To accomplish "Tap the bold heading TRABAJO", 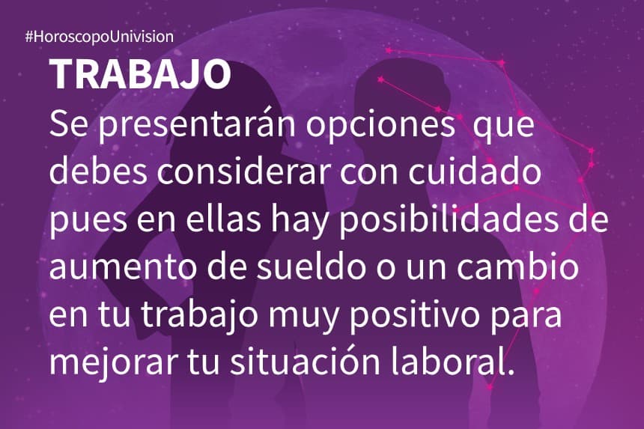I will (140, 75).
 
